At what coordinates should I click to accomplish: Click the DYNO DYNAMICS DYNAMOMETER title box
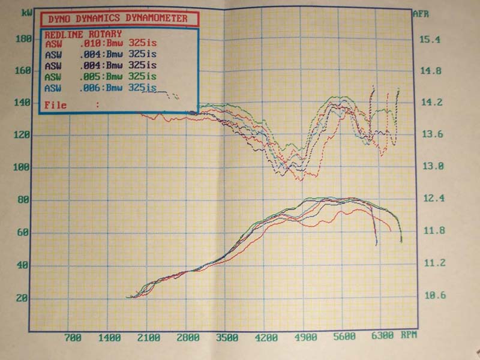pyautogui.click(x=119, y=19)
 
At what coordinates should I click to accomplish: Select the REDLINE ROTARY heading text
pyautogui.click(x=83, y=34)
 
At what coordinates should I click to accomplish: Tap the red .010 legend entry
pyautogui.click(x=101, y=43)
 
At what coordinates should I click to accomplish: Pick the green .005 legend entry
pyautogui.click(x=101, y=76)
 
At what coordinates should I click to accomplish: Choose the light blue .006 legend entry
pyautogui.click(x=101, y=88)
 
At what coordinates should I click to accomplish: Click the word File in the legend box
pyautogui.click(x=56, y=105)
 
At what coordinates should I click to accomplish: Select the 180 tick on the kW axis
pyautogui.click(x=23, y=39)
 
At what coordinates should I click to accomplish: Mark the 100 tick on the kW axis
pyautogui.click(x=23, y=168)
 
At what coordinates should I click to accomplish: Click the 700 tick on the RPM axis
pyautogui.click(x=73, y=337)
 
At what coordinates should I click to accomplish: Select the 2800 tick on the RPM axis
pyautogui.click(x=188, y=337)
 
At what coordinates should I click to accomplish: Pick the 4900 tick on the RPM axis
pyautogui.click(x=305, y=337)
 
